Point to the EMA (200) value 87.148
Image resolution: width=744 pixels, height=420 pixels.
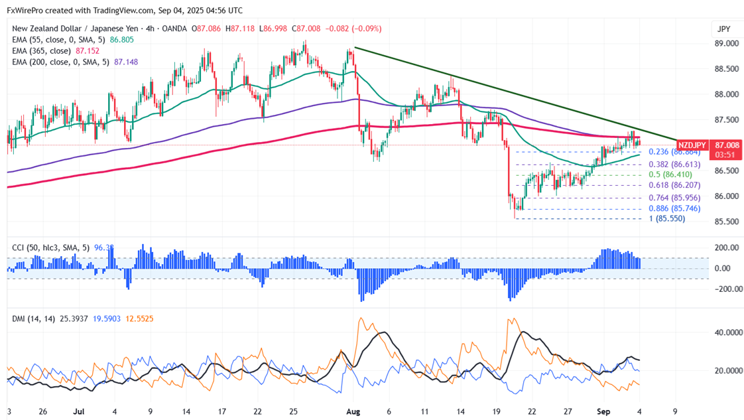tap(126, 62)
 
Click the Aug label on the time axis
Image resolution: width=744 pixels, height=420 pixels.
tap(353, 411)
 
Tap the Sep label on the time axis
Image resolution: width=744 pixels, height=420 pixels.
tap(603, 411)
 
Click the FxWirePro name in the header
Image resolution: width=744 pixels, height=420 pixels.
tap(26, 11)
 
